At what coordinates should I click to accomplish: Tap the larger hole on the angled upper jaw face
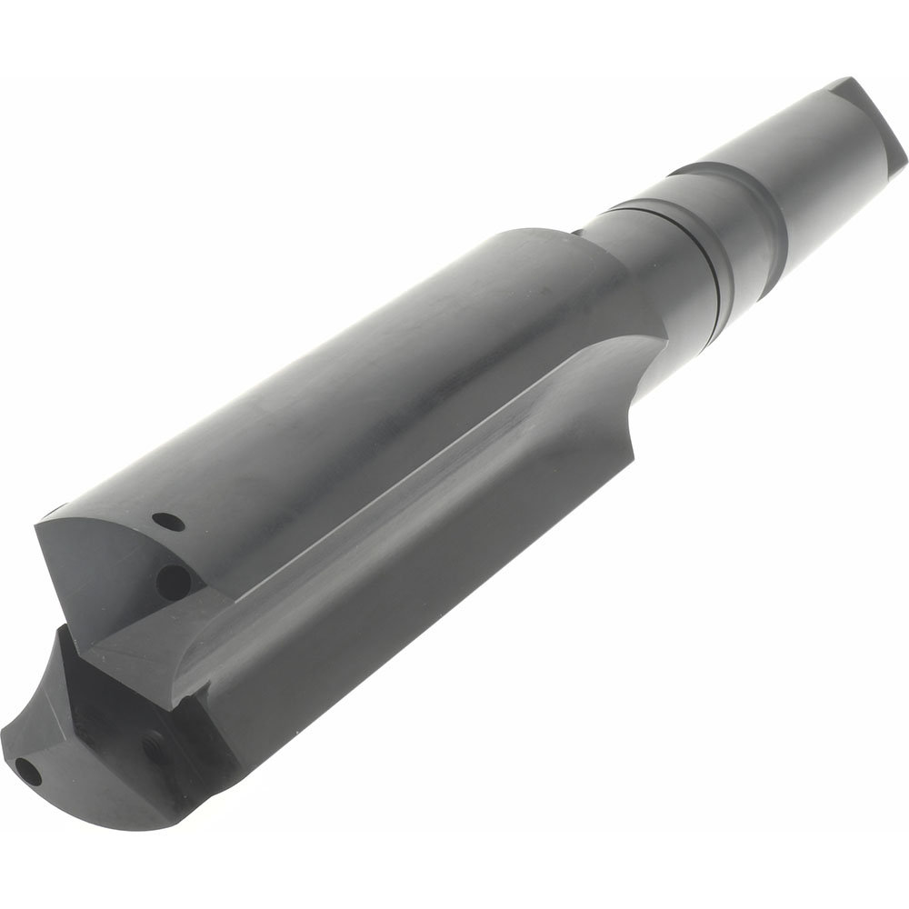(169, 577)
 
